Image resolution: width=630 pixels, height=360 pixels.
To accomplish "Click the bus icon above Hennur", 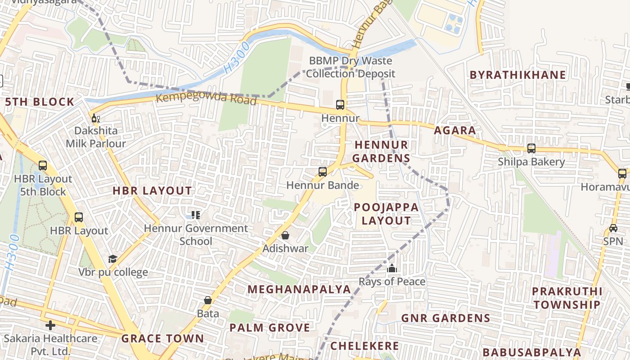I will coord(340,105).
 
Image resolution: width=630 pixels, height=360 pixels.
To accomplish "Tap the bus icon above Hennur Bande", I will coord(322,171).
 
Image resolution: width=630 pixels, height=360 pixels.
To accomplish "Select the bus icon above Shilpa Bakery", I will coord(531,148).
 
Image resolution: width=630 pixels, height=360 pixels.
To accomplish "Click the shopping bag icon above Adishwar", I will coord(285,235).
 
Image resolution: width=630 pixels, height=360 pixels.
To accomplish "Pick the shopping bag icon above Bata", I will coord(208,300).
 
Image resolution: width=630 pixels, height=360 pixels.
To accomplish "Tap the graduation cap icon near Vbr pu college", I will coord(112,259).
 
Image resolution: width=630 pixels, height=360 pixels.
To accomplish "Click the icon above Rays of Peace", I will coord(392,269).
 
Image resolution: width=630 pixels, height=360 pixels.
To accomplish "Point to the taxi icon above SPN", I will coord(613,228).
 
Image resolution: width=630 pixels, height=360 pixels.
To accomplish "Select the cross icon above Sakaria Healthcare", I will coord(50,325).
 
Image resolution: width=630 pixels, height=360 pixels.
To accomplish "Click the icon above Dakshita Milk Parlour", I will coord(95,118).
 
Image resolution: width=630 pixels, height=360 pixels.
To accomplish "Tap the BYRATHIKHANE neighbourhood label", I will coord(517,75).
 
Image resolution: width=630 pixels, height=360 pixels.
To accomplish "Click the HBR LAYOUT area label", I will coord(152,191).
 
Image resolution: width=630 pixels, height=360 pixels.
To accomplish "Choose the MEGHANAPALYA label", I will coord(299,289).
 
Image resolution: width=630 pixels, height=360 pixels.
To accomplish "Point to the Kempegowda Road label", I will coord(206,99).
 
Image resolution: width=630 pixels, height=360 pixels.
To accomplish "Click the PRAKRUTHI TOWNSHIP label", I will coord(567,298).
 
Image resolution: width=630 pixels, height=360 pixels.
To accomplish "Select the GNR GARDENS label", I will coord(445,318).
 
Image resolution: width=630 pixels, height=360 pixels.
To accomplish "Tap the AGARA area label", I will coord(454,130).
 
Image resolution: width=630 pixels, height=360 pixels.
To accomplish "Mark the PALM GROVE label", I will coord(270,328).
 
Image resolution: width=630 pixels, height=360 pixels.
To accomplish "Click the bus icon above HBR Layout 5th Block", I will coord(43,166).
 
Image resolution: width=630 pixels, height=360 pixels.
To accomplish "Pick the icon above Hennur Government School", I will coord(195,215).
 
